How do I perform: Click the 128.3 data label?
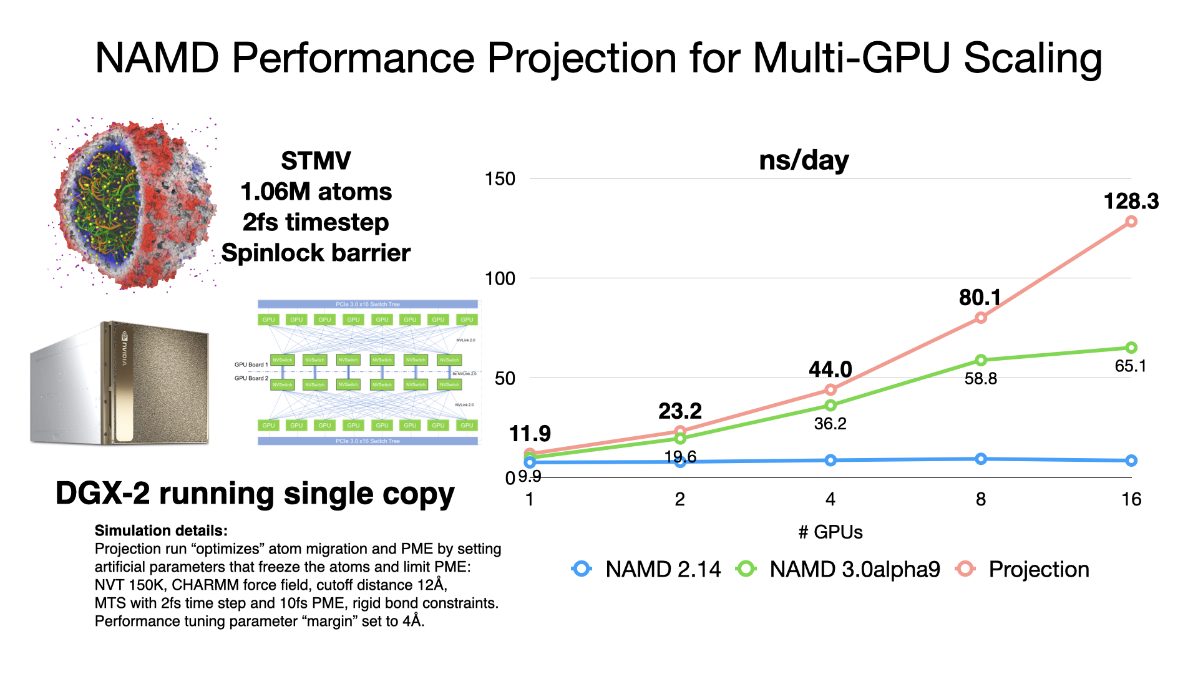coord(1131,202)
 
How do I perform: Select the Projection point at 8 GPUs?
coord(980,318)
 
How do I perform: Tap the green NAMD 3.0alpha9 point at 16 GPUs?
coord(1131,348)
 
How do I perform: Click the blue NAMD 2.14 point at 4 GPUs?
coord(830,460)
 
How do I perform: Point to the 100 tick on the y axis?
coord(500,278)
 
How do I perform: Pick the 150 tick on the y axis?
coord(500,179)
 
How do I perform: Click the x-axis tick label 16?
coord(1131,499)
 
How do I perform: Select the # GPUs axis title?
coord(830,532)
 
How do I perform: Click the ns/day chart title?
coord(804,160)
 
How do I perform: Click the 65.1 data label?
coord(1131,366)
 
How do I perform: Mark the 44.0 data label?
coord(830,369)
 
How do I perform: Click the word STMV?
coord(316,161)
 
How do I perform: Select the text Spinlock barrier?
coord(316,253)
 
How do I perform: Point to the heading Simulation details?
coord(161,530)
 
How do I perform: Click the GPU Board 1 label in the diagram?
coord(251,364)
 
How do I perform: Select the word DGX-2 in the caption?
coord(102,494)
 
